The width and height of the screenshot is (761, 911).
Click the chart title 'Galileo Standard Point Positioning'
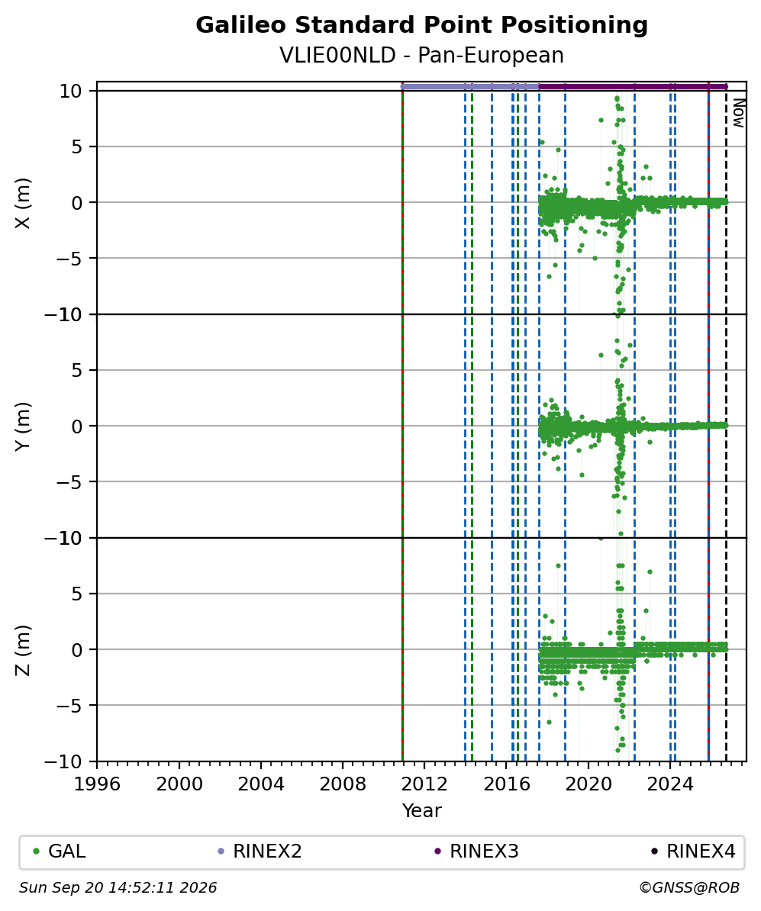(x=421, y=26)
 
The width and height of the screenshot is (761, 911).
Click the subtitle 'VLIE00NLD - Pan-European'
(x=421, y=55)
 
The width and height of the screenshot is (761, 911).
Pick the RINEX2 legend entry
(x=260, y=851)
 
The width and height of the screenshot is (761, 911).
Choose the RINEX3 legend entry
(x=476, y=851)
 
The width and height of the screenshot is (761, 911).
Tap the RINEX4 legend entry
(x=693, y=851)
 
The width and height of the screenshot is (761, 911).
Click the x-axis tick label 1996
(x=97, y=784)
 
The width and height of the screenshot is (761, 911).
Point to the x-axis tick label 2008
(x=343, y=784)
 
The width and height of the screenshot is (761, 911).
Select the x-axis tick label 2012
(x=425, y=784)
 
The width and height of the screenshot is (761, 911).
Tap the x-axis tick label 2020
(x=588, y=784)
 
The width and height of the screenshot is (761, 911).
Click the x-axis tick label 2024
(x=670, y=784)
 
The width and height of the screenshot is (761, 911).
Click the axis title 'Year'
(x=421, y=810)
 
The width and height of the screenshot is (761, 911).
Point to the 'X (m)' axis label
(x=23, y=203)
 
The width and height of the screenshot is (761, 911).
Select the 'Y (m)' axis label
(x=23, y=427)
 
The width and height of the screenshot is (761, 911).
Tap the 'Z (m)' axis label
(x=23, y=650)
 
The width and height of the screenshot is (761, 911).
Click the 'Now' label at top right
(x=738, y=113)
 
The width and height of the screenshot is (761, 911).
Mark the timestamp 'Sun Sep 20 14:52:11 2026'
(x=118, y=888)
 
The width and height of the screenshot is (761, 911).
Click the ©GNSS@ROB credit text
(x=689, y=888)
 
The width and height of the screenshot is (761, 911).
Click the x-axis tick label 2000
(x=179, y=784)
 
